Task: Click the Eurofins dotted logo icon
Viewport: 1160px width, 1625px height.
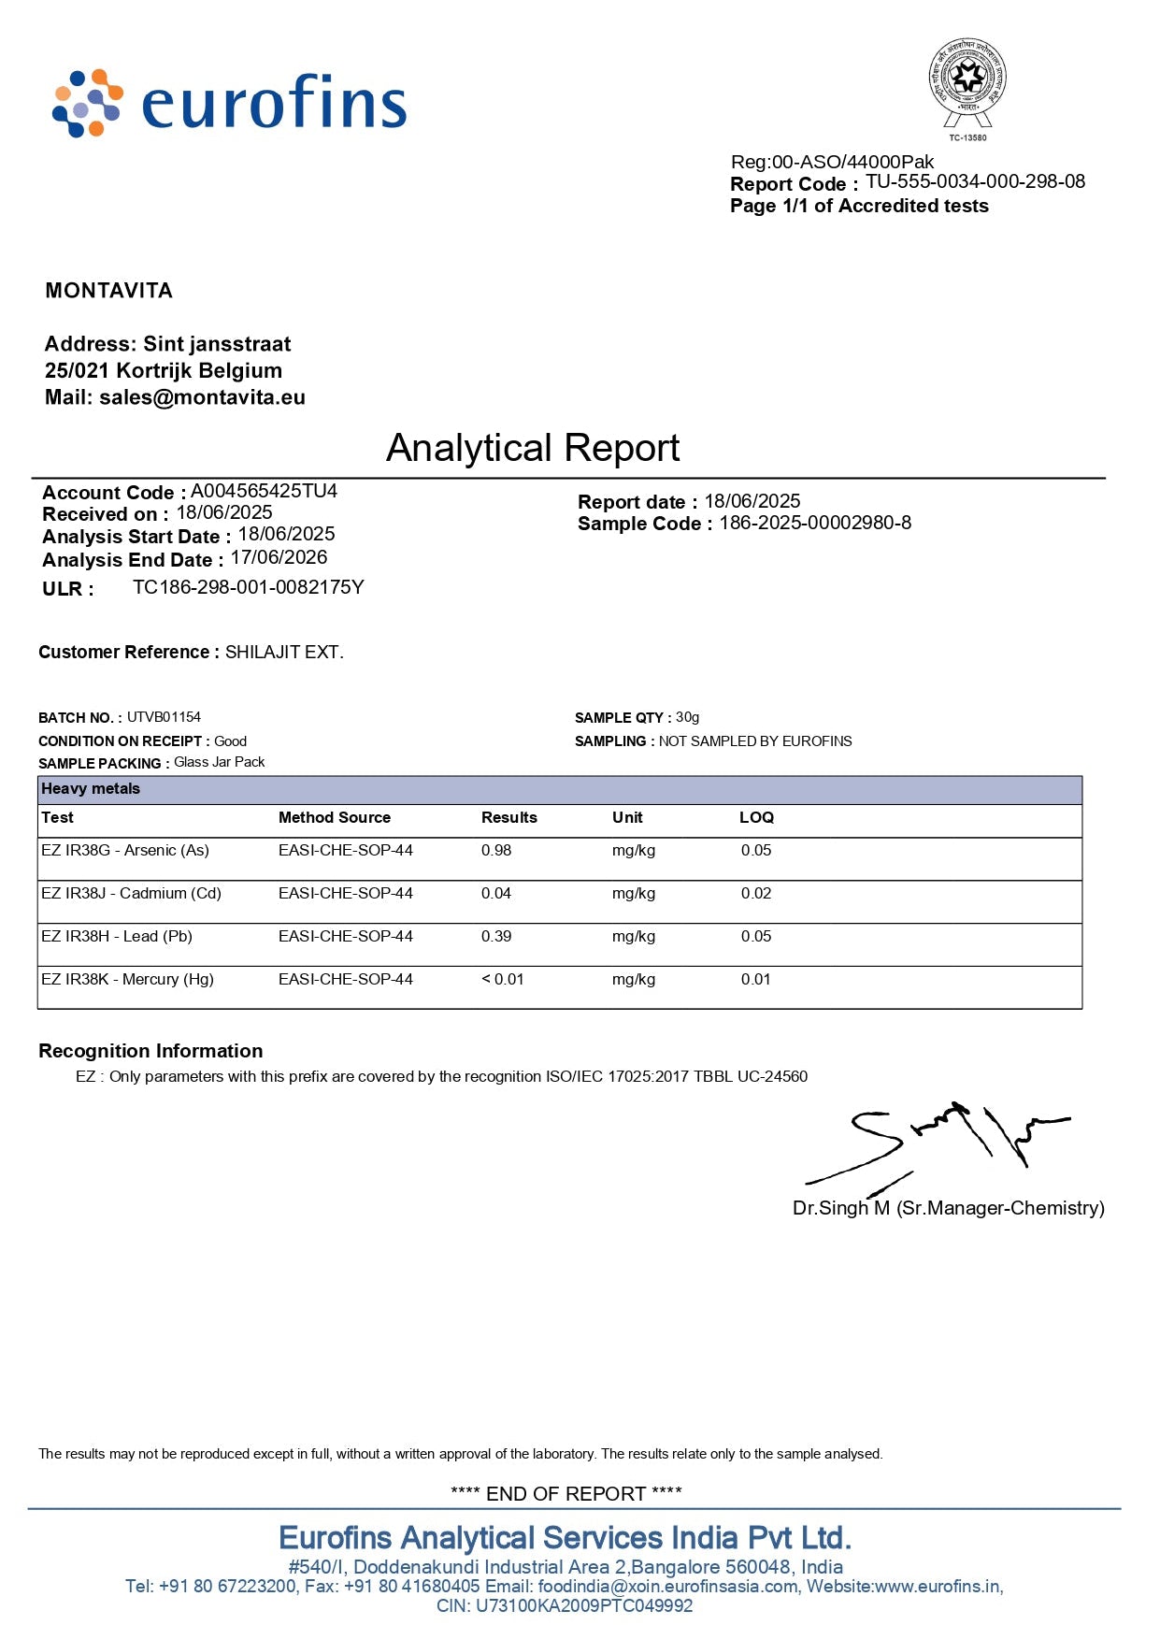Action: click(x=87, y=103)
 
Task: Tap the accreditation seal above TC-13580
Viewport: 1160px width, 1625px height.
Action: click(x=967, y=82)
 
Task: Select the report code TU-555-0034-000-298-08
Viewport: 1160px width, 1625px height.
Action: click(x=975, y=181)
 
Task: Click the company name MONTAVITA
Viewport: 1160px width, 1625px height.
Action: click(x=109, y=291)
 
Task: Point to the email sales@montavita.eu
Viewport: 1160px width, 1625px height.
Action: click(x=202, y=397)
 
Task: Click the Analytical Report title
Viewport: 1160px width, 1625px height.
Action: click(x=533, y=448)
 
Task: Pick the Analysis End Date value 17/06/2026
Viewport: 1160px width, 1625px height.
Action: click(x=279, y=558)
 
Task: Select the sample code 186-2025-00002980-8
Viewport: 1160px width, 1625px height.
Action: click(x=814, y=523)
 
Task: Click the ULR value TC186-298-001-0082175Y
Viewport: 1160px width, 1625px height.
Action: click(x=248, y=587)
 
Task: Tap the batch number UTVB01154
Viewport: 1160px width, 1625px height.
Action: click(x=164, y=717)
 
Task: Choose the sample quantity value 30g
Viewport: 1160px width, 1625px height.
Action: click(x=687, y=717)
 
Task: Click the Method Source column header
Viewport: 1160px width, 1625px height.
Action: click(x=334, y=817)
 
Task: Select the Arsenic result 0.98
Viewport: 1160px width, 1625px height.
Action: click(x=496, y=850)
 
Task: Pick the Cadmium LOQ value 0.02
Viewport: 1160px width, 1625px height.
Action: click(x=756, y=893)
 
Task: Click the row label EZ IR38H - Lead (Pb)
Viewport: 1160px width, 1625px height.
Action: click(x=117, y=936)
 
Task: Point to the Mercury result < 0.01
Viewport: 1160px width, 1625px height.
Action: click(x=503, y=979)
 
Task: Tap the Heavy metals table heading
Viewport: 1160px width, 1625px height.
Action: click(x=91, y=789)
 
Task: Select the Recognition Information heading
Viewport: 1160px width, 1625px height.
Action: click(x=150, y=1051)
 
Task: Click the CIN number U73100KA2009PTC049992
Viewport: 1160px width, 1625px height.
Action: click(x=584, y=1605)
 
